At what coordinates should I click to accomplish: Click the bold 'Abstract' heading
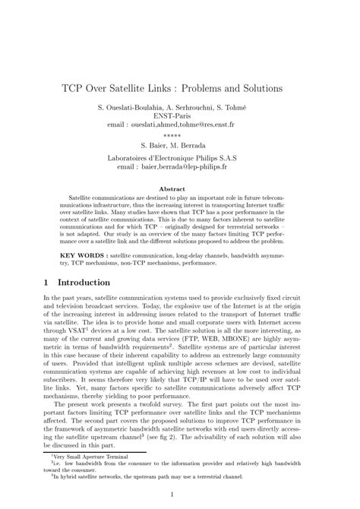179,188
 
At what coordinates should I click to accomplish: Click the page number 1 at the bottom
179,495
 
